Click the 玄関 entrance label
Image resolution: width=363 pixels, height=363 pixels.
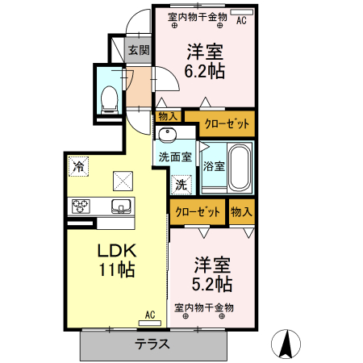[x=139, y=50]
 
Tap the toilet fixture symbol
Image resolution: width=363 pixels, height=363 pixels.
[x=109, y=98]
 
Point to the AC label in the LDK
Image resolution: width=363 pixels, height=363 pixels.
[x=150, y=314]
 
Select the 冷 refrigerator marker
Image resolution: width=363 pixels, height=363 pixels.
[x=78, y=167]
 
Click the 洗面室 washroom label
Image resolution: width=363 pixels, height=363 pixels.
[x=174, y=157]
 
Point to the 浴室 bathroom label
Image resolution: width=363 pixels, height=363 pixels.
[x=214, y=167]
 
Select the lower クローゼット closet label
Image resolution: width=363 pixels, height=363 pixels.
[x=197, y=212]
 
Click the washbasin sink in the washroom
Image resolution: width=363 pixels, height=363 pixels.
[x=168, y=134]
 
